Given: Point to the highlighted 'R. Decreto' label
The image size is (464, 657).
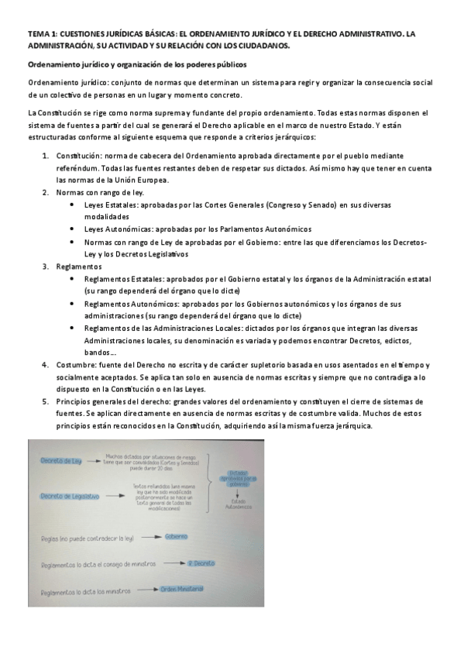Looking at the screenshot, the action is click(x=200, y=562).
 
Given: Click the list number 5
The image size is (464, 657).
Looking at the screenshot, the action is click(x=45, y=402).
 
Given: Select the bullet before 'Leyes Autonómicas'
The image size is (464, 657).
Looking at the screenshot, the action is click(x=72, y=229).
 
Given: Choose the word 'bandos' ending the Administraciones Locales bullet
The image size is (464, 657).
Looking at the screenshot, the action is click(x=98, y=353).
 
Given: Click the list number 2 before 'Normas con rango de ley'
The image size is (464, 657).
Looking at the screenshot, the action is click(x=45, y=192).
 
